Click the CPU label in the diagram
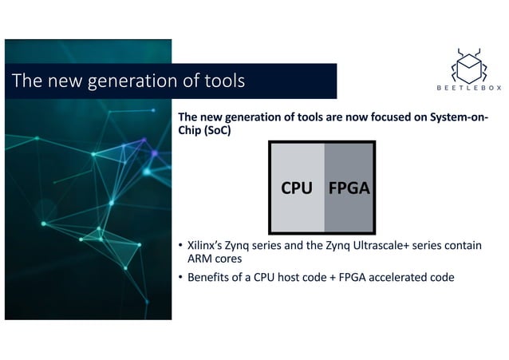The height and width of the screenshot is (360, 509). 296,188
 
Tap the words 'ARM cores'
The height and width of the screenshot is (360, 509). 215,259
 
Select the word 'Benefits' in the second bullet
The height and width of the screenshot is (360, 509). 207,278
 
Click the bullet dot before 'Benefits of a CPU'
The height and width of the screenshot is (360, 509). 180,278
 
